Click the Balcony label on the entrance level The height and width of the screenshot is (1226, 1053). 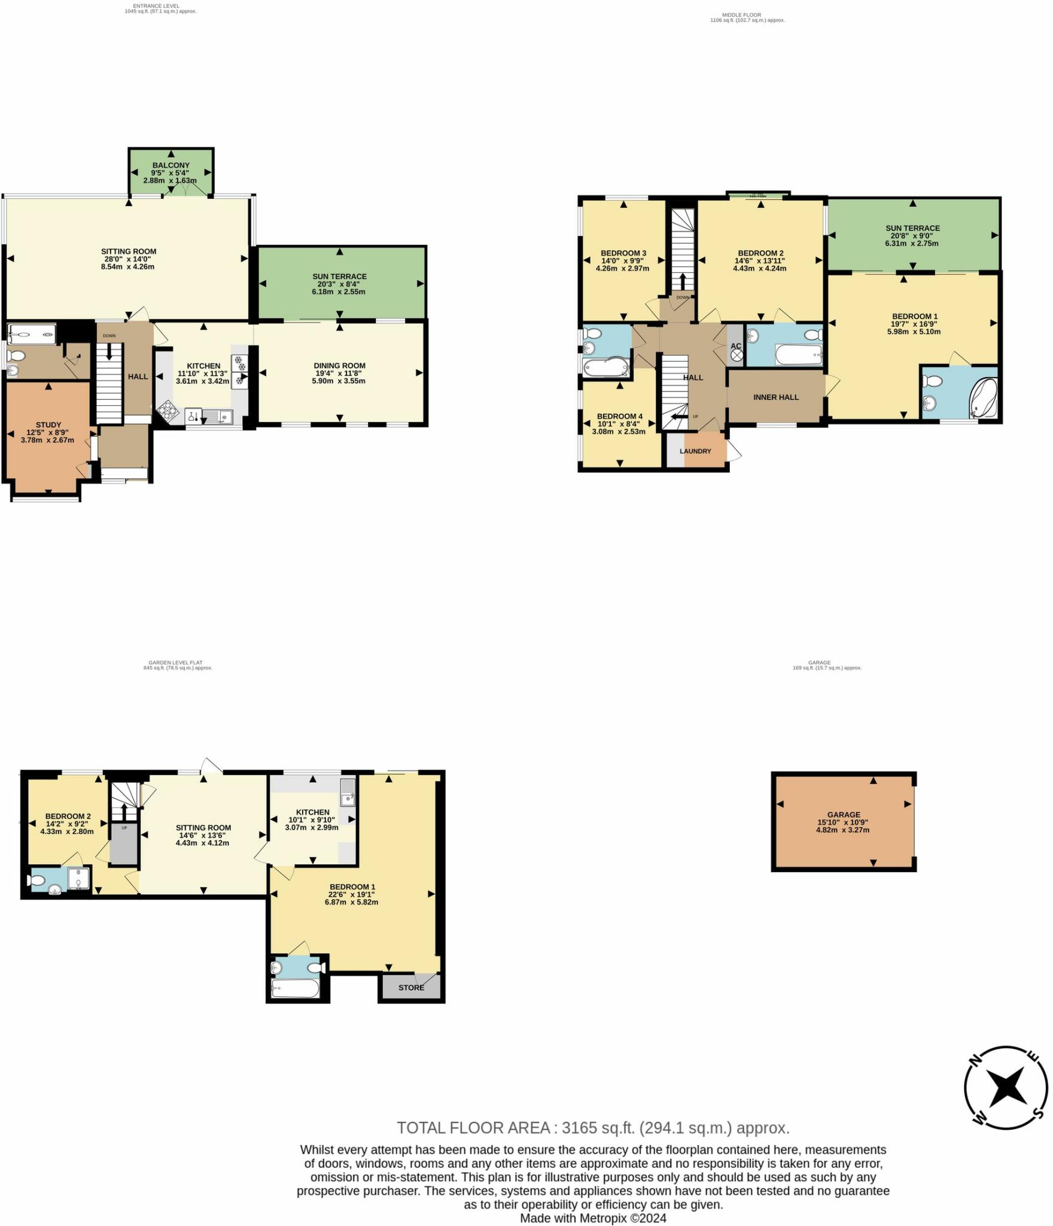tap(171, 165)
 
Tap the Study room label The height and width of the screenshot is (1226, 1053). tap(48, 424)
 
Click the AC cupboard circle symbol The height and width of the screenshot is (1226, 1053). tap(737, 356)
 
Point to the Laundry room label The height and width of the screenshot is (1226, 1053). tap(695, 451)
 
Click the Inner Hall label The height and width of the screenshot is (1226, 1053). tap(775, 397)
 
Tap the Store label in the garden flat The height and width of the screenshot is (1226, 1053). tap(411, 987)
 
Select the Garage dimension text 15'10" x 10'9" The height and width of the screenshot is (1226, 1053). tap(842, 822)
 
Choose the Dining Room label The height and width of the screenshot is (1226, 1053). tap(339, 365)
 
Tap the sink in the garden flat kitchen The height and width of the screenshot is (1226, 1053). tap(348, 791)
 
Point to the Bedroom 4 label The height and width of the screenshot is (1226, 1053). tap(619, 416)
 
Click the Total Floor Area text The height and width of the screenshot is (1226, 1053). tap(593, 1128)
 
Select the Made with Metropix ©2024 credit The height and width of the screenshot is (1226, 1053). tap(593, 1218)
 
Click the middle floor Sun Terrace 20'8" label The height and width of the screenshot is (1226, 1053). tap(912, 235)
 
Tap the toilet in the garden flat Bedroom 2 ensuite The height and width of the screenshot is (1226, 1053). tap(36, 881)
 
